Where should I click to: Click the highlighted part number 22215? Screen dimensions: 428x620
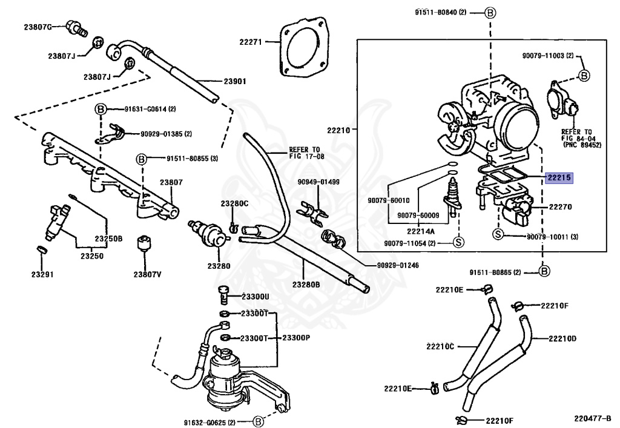pyautogui.click(x=559, y=178)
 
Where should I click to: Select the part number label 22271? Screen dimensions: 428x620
pyautogui.click(x=250, y=42)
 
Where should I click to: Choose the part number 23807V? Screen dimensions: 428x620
pyautogui.click(x=148, y=274)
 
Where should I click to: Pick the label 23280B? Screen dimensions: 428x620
pyautogui.click(x=308, y=284)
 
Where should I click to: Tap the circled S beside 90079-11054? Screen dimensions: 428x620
pyautogui.click(x=458, y=243)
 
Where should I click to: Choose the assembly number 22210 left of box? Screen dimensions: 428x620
pyautogui.click(x=338, y=130)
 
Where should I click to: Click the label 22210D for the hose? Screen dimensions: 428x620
pyautogui.click(x=562, y=338)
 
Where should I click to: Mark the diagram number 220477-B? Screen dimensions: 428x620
pyautogui.click(x=593, y=418)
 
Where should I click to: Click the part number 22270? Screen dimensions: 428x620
pyautogui.click(x=561, y=207)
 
